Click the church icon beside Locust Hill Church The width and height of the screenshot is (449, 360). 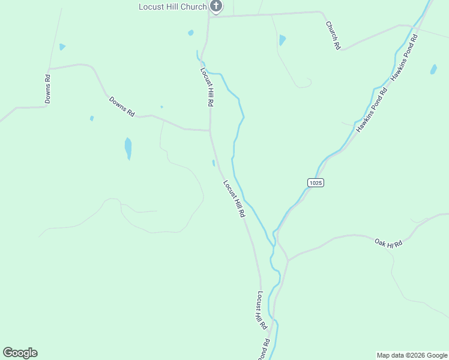click(216, 7)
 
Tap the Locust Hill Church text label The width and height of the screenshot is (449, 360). click(172, 7)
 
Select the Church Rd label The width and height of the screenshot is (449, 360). click(333, 35)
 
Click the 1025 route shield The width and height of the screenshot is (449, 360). click(316, 182)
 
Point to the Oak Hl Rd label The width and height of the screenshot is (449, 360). click(388, 242)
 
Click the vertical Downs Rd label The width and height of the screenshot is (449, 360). click(47, 89)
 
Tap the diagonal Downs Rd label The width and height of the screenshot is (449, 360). click(122, 106)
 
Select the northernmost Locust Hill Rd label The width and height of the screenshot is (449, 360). click(207, 87)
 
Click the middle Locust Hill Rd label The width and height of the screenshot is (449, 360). click(234, 199)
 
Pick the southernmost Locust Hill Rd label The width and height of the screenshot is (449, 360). click(262, 310)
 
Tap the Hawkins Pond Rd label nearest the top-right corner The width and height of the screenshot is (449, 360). click(404, 58)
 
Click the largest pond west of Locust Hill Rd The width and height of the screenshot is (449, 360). click(128, 148)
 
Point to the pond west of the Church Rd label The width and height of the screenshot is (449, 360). click(282, 40)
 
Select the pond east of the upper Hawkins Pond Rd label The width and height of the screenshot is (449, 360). click(433, 69)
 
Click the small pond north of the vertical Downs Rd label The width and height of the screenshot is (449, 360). click(62, 47)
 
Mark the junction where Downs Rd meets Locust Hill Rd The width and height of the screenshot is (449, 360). click(209, 130)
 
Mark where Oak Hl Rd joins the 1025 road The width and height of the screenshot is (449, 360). click(288, 260)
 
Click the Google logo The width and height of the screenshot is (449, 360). click(20, 353)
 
